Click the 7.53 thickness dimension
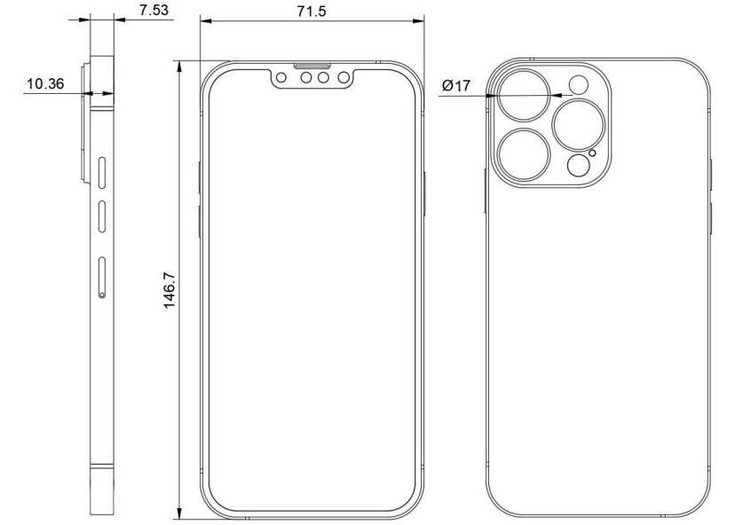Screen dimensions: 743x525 pyautogui.click(x=154, y=10)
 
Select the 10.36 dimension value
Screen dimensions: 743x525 pyautogui.click(x=45, y=84)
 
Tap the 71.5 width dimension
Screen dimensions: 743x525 pyautogui.click(x=312, y=11)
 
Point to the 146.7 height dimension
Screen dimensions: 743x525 pyautogui.click(x=170, y=291)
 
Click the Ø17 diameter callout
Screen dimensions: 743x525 pyautogui.click(x=456, y=86)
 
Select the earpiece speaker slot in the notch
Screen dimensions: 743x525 pyautogui.click(x=312, y=67)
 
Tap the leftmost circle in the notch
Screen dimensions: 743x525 pyautogui.click(x=281, y=77)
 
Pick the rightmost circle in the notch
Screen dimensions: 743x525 pyautogui.click(x=344, y=77)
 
